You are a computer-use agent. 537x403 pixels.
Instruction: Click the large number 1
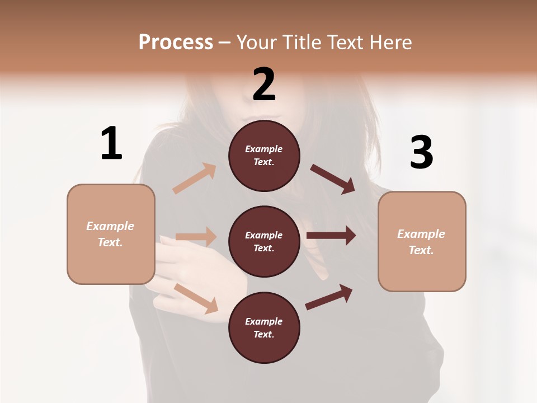[x=111, y=143]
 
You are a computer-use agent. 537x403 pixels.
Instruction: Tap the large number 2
[x=264, y=85]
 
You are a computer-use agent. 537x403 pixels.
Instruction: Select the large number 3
[x=421, y=152]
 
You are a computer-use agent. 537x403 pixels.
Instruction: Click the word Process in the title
[x=176, y=42]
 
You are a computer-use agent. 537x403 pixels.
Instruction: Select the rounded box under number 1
[x=111, y=234]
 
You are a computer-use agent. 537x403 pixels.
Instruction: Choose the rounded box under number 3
[x=422, y=241]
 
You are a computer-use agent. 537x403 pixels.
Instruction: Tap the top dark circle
[x=264, y=156]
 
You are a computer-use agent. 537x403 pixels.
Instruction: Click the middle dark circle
[x=264, y=241]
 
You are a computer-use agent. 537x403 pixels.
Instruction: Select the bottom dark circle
[x=264, y=327]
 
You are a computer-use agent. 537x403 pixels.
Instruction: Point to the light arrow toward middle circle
[x=196, y=237]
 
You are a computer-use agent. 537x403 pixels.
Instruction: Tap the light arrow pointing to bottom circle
[x=196, y=298]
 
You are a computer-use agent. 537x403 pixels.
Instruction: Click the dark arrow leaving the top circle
[x=333, y=179]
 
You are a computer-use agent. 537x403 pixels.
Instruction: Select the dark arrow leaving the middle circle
[x=331, y=235]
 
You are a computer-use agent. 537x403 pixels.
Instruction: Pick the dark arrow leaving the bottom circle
[x=329, y=297]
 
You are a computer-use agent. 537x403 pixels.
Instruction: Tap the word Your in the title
[x=256, y=42]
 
